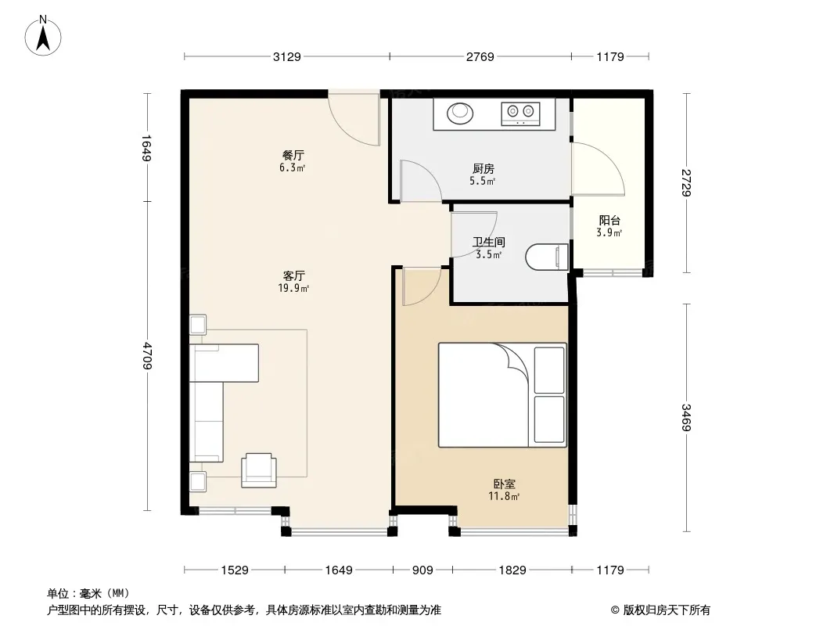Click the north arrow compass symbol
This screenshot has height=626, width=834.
click(43, 36)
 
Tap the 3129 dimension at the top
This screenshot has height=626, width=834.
click(286, 56)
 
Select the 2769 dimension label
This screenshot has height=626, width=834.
click(480, 56)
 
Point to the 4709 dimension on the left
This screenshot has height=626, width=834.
click(147, 356)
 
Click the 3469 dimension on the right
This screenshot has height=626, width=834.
click(686, 418)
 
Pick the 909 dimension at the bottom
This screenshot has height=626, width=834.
click(422, 570)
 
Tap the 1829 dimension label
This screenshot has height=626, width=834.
click(512, 570)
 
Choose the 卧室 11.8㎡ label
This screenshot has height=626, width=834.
click(504, 490)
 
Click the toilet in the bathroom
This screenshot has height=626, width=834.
click(547, 257)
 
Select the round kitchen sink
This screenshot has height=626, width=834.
click(459, 113)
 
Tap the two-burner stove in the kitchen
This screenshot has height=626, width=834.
click(521, 113)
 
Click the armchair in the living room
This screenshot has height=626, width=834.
click(259, 470)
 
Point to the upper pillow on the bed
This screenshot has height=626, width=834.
click(549, 370)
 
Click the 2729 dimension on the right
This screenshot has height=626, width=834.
click(686, 183)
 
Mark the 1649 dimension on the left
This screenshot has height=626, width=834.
click(147, 147)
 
